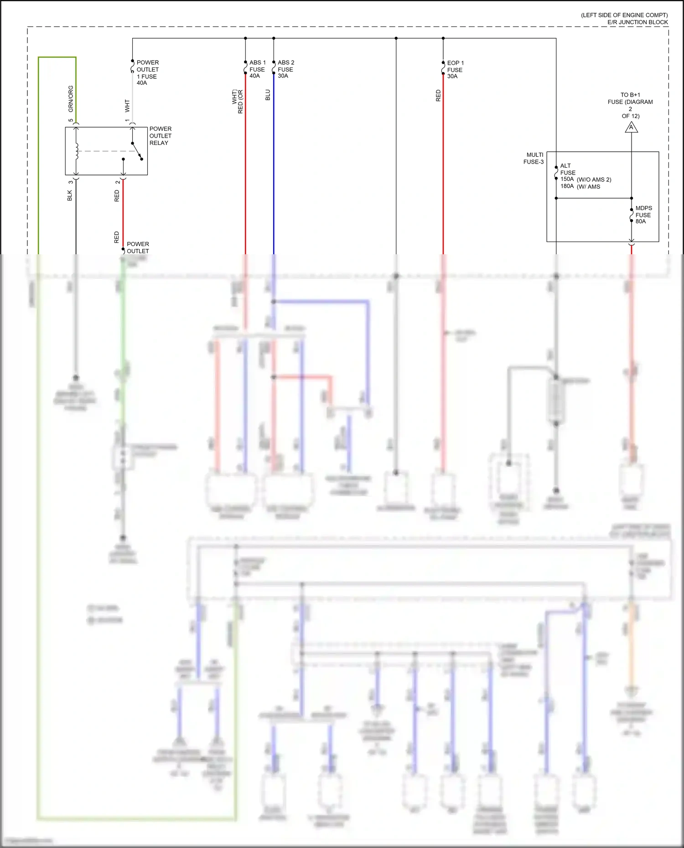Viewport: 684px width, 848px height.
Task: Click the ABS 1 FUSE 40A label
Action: click(x=257, y=69)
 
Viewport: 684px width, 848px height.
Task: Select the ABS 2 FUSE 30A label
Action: click(x=285, y=69)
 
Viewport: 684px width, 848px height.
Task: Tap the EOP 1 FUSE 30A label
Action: click(x=455, y=70)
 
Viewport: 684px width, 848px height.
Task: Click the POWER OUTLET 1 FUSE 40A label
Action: click(x=147, y=72)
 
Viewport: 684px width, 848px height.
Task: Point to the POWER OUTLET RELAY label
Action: click(x=160, y=136)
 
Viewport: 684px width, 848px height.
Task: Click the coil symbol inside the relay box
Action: click(x=77, y=151)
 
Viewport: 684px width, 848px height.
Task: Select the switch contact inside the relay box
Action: click(x=137, y=151)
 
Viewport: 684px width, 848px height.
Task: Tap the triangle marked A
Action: click(x=631, y=128)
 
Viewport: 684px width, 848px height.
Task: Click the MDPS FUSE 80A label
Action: click(x=643, y=215)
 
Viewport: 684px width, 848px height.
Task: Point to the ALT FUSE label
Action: click(x=567, y=169)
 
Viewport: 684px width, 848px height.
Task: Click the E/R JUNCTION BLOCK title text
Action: click(x=637, y=22)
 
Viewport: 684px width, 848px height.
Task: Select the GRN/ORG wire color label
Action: click(x=71, y=99)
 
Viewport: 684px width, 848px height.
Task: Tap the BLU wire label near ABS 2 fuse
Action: click(x=268, y=95)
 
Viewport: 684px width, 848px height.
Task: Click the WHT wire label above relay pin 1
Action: click(x=127, y=106)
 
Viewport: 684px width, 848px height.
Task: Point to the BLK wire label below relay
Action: click(x=70, y=195)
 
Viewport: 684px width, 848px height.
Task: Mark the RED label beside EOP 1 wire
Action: click(x=438, y=95)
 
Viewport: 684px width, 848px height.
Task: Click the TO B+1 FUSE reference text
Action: click(x=630, y=105)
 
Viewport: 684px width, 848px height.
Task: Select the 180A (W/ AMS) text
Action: click(x=580, y=186)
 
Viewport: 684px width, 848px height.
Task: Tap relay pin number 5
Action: click(x=71, y=120)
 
